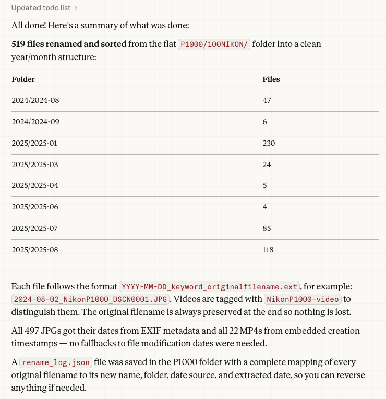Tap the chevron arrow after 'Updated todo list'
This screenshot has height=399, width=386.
point(76,8)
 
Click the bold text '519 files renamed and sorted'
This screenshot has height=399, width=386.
point(69,44)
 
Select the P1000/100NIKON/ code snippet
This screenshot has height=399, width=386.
point(215,44)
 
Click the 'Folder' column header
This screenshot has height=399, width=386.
point(23,79)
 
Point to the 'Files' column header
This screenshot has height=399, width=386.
point(271,79)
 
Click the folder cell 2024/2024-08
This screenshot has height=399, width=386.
point(39,100)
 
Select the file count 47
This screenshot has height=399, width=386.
point(267,100)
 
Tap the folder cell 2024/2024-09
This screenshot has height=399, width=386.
point(39,122)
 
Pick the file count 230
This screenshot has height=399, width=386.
point(269,143)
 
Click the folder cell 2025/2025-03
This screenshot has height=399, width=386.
point(39,165)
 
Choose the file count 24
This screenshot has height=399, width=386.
point(267,165)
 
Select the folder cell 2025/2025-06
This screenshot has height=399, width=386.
point(39,207)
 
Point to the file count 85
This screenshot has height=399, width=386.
point(267,228)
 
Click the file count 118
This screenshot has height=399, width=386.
point(268,250)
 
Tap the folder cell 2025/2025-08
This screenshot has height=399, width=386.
point(39,250)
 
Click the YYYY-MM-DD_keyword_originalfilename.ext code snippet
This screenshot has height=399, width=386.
point(210,287)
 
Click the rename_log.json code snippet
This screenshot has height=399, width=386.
point(56,363)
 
